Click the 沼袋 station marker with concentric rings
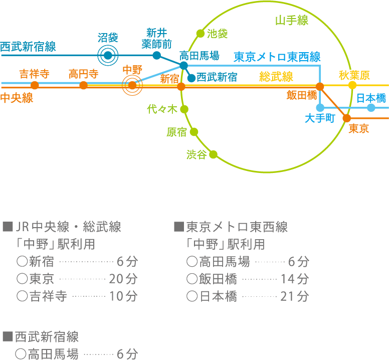(x=108, y=55)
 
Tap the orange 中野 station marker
(x=132, y=86)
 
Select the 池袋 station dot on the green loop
(x=200, y=34)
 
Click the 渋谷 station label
(x=196, y=155)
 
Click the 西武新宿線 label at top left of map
(x=28, y=47)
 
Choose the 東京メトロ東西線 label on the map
(x=277, y=57)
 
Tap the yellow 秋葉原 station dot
(x=352, y=85)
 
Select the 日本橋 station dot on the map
(x=371, y=108)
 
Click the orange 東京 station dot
(x=346, y=118)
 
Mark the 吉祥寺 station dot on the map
(x=35, y=85)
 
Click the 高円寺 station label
(x=83, y=75)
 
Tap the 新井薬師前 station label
(x=156, y=39)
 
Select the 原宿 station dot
(x=194, y=132)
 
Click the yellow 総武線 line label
(x=276, y=77)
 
